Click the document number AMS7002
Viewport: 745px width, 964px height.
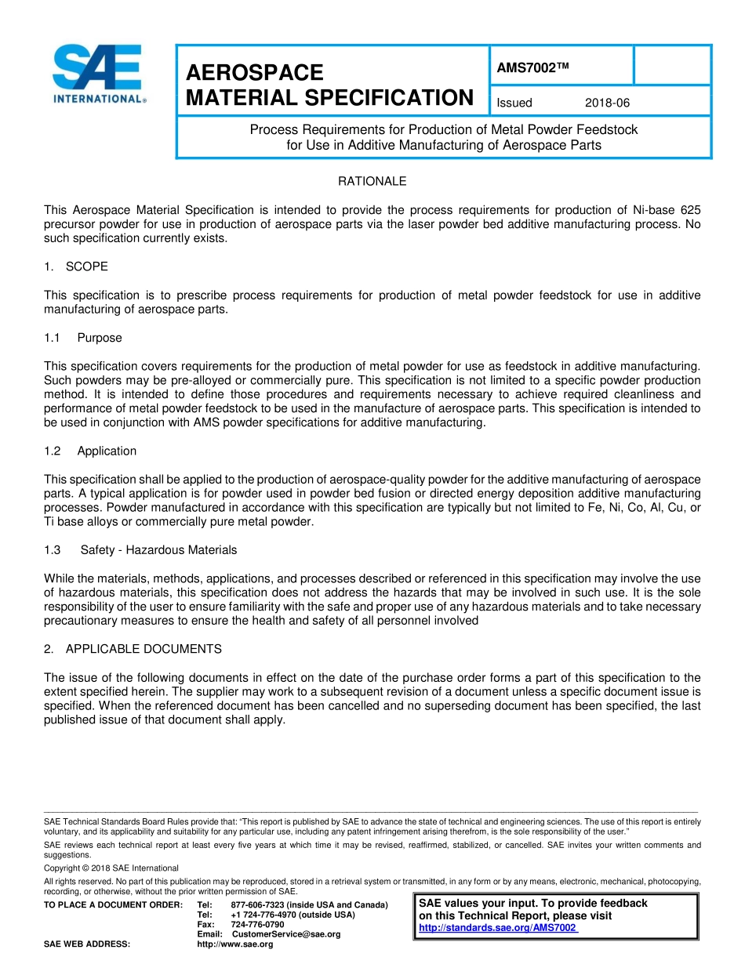click(x=532, y=68)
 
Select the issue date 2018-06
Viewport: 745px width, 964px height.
click(x=607, y=103)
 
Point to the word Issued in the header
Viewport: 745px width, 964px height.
click(x=514, y=103)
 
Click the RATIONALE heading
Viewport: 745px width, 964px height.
click(x=372, y=181)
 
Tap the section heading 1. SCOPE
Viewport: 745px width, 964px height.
click(x=76, y=266)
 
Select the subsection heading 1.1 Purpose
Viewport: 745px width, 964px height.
click(x=83, y=338)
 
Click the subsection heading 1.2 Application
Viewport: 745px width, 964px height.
click(x=90, y=451)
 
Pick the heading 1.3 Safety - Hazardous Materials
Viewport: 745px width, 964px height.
click(x=140, y=549)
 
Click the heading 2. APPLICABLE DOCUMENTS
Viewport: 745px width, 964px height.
click(x=133, y=649)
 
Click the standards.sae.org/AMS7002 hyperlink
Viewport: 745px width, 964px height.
click(x=498, y=928)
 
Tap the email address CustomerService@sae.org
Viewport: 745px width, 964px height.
click(x=286, y=934)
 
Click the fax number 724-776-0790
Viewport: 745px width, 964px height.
click(x=257, y=924)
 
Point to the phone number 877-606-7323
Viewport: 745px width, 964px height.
click(x=258, y=905)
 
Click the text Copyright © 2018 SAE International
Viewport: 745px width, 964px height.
click(x=111, y=868)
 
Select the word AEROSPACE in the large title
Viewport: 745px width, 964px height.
click(x=255, y=73)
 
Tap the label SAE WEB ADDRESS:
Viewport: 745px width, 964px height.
click(x=87, y=944)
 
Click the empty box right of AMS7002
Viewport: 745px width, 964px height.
click(x=671, y=65)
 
